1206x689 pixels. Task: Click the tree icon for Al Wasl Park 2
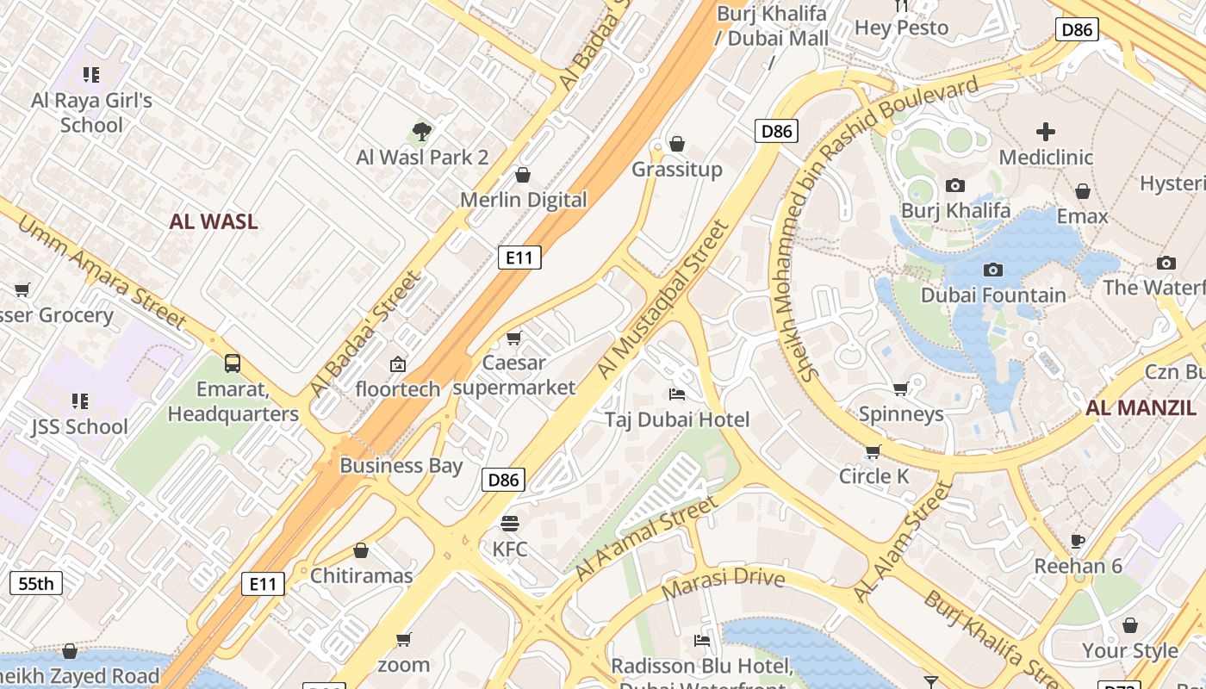(x=421, y=132)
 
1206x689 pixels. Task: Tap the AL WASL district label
(x=214, y=221)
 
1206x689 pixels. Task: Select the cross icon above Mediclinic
(x=1045, y=132)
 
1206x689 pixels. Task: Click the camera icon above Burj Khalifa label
(x=954, y=185)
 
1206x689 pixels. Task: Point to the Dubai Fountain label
(x=993, y=295)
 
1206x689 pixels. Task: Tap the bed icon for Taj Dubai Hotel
(x=677, y=394)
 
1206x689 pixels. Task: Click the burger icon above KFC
(x=510, y=524)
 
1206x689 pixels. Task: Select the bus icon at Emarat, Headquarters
(x=233, y=363)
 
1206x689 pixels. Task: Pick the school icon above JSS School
(x=80, y=400)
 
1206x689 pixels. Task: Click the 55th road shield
(x=36, y=583)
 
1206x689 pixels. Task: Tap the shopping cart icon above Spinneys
(x=901, y=389)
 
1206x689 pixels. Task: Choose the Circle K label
(x=874, y=476)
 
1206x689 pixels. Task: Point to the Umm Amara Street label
(x=102, y=273)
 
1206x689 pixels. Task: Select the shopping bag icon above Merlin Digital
(x=522, y=176)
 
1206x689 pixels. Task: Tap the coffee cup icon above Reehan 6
(x=1077, y=541)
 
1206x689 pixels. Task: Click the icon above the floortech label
(x=397, y=364)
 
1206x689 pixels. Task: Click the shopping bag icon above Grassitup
(x=677, y=144)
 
